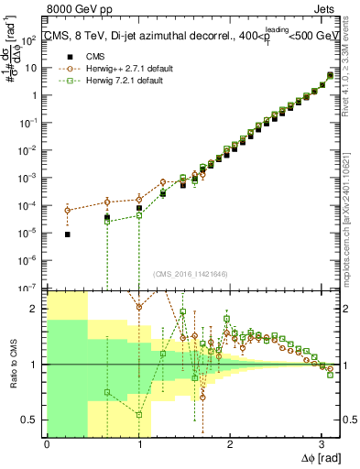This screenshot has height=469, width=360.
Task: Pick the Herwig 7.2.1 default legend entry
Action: (119, 81)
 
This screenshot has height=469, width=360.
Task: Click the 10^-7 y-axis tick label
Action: (32, 288)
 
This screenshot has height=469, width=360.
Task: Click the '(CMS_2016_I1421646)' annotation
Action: (191, 274)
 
